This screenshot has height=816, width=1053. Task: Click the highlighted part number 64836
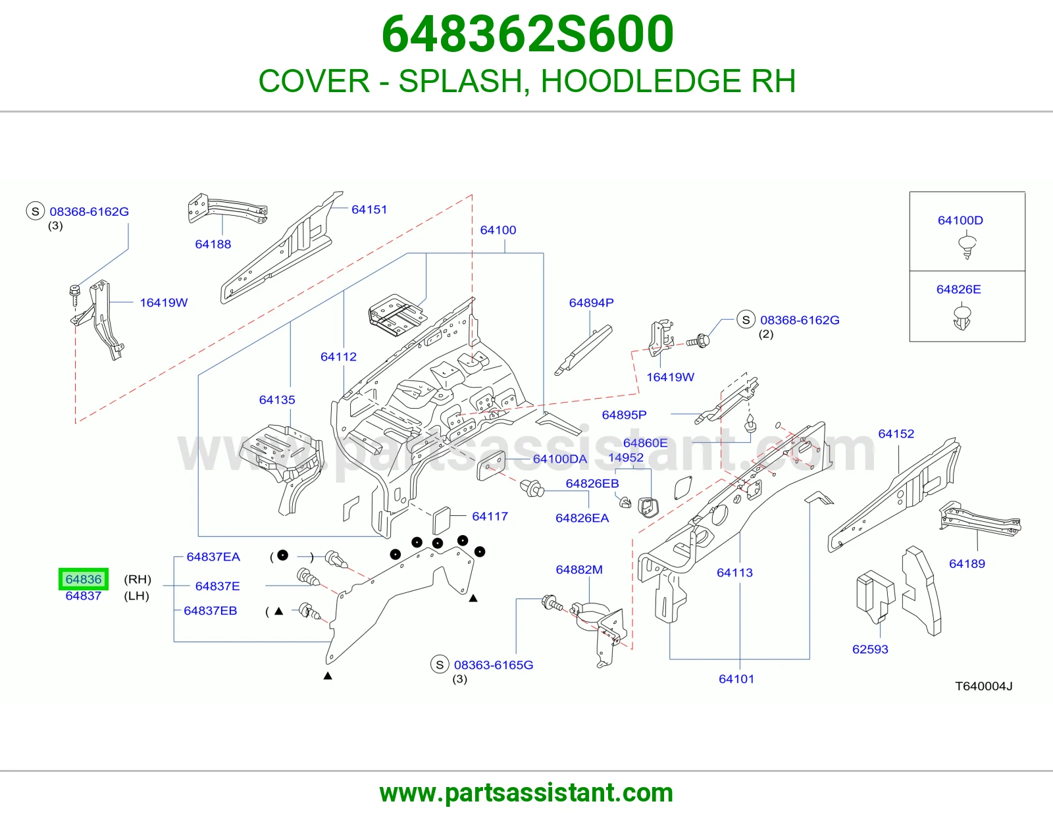(84, 579)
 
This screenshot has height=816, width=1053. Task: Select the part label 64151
(369, 209)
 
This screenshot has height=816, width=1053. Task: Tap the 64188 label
(213, 244)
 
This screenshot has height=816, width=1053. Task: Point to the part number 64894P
(591, 303)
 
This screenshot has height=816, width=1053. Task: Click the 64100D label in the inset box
(960, 220)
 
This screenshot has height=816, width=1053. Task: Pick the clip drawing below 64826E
(962, 317)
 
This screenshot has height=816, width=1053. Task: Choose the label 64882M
(579, 570)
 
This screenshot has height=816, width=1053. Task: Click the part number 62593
(870, 650)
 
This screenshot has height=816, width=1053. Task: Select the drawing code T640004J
(984, 686)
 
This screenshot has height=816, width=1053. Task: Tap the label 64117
(490, 517)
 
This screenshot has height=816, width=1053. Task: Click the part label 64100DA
(559, 459)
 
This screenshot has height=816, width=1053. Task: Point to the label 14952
(626, 457)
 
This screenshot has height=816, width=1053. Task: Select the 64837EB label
(211, 611)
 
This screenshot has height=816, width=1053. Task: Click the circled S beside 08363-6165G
(440, 665)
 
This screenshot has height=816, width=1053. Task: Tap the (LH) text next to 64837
(137, 596)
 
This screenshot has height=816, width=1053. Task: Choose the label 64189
(967, 563)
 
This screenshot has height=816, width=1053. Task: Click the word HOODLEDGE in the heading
(640, 81)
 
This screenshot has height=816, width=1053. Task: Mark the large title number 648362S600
(527, 34)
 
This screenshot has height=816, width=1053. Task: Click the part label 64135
(276, 399)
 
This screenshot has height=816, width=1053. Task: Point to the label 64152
(896, 434)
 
